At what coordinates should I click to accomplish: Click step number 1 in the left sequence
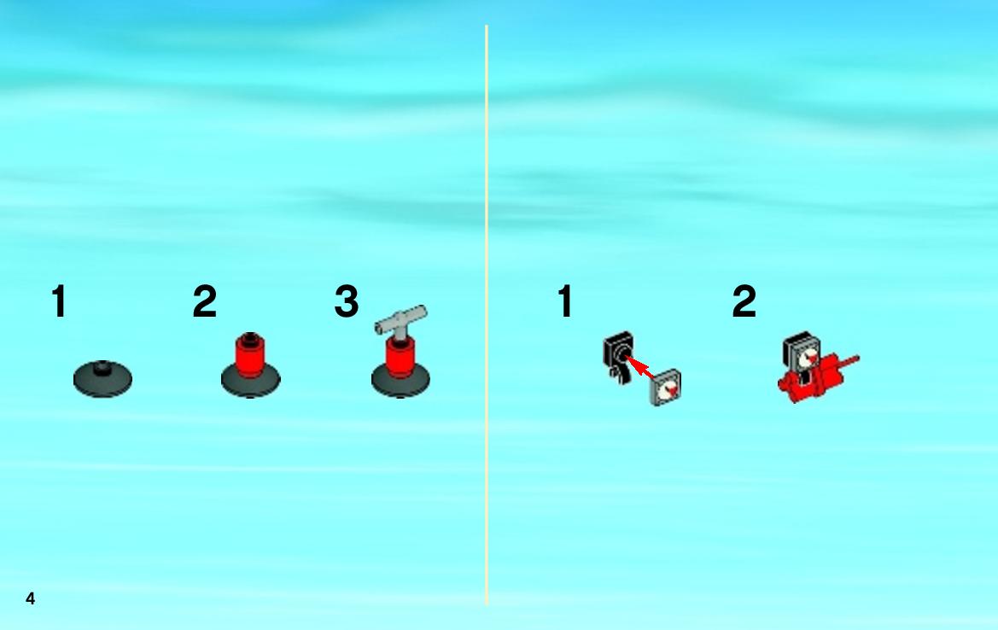[x=59, y=300]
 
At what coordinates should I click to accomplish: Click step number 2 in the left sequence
[x=204, y=300]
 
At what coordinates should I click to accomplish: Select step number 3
[x=347, y=300]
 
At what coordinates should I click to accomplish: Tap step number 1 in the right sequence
[x=565, y=300]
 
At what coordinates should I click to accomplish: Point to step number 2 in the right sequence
[x=744, y=300]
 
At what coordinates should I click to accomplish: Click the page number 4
[x=30, y=598]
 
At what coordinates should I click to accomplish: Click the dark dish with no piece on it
[x=102, y=380]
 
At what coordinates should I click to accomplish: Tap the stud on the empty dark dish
[x=102, y=367]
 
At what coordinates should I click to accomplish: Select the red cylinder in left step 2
[x=250, y=355]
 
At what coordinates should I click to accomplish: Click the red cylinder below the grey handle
[x=400, y=359]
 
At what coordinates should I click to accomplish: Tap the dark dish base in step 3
[x=400, y=384]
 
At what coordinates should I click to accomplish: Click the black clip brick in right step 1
[x=618, y=357]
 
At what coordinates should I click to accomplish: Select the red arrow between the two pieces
[x=640, y=366]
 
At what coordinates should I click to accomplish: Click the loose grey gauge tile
[x=666, y=388]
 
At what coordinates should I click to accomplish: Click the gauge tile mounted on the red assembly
[x=802, y=353]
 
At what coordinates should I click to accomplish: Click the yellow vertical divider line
[x=487, y=315]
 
